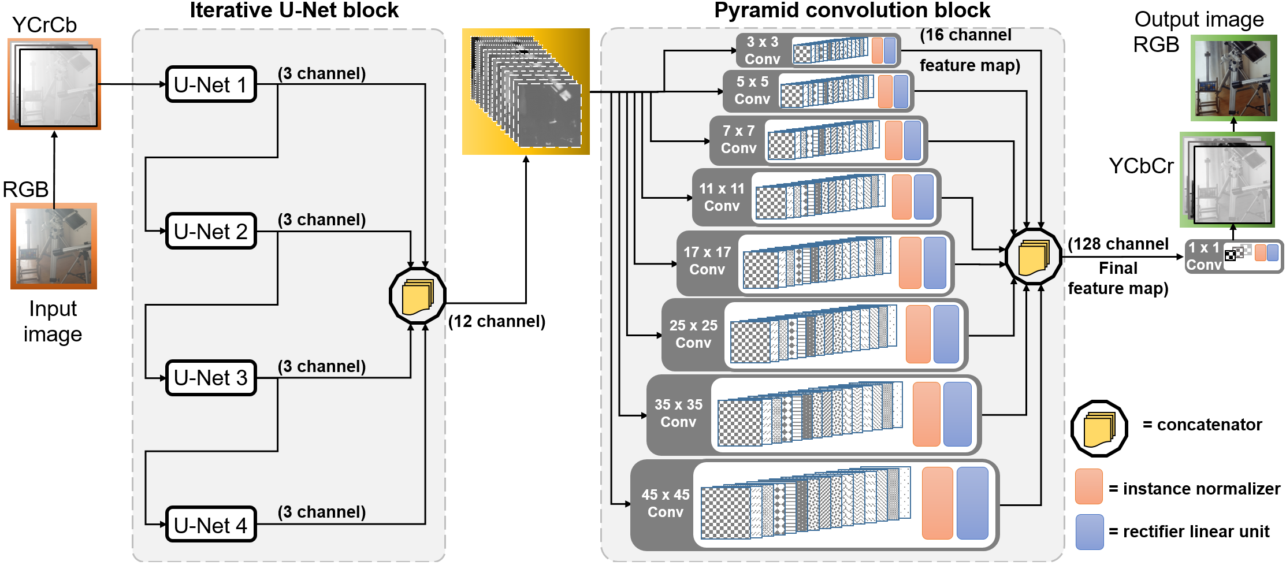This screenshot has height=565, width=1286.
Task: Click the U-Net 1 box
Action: (x=211, y=84)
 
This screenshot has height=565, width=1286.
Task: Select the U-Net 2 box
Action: (x=211, y=231)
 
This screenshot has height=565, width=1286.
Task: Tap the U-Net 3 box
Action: (x=211, y=378)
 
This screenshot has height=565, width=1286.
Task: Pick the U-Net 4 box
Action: (x=211, y=525)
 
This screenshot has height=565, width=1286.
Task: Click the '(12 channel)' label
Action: (x=497, y=321)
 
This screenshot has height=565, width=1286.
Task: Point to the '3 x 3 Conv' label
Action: (x=762, y=50)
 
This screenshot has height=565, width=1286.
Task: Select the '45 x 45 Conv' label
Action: (x=665, y=503)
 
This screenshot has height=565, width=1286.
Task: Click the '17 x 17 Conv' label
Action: (x=707, y=261)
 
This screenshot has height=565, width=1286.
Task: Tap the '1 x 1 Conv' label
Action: (x=1204, y=256)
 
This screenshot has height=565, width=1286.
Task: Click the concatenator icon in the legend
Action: (x=1099, y=429)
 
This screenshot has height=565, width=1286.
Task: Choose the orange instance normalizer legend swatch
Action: (x=1089, y=486)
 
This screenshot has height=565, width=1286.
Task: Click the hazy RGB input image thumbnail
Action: (x=54, y=246)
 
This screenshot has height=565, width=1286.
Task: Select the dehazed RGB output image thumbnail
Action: (x=1233, y=77)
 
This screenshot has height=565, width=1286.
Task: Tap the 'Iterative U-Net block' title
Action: (x=294, y=10)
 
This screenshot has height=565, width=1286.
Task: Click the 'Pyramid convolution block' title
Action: (x=852, y=10)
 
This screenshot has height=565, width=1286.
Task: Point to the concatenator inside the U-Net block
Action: (x=417, y=296)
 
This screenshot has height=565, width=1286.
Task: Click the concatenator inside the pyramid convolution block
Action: (x=1034, y=257)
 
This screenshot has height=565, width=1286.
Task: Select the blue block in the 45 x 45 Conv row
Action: (x=972, y=503)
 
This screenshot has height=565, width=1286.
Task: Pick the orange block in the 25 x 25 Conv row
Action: (x=918, y=334)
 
